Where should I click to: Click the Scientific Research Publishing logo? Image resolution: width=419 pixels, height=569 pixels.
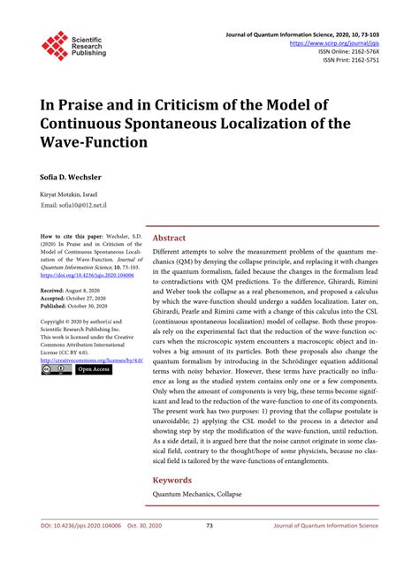coord(72,44)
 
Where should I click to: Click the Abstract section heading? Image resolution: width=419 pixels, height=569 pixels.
coord(169,239)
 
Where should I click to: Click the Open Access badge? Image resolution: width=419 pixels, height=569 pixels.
coord(94,370)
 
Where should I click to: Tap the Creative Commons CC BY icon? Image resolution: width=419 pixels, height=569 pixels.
coord(56,370)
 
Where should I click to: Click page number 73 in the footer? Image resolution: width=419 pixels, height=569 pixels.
coord(209,550)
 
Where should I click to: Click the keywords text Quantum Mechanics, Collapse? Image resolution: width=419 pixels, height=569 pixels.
coord(197,494)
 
